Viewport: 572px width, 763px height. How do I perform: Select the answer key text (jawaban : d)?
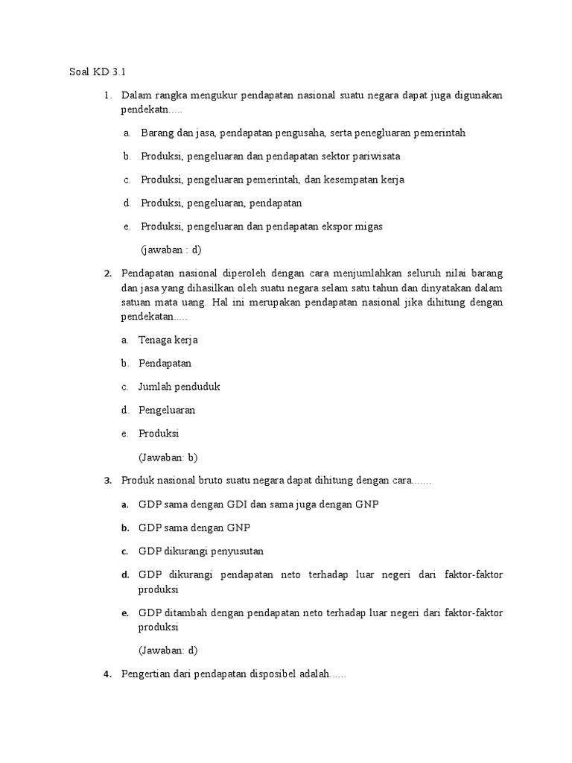[171, 249]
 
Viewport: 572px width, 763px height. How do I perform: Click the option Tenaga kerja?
[168, 340]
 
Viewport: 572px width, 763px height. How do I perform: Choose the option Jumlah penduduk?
[179, 387]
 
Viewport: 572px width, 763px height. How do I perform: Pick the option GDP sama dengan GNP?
[194, 528]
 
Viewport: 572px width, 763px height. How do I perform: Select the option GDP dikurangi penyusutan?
[201, 551]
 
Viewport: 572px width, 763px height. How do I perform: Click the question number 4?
[107, 674]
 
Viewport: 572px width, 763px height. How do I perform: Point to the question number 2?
[107, 273]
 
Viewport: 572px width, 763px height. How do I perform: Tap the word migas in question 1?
[368, 226]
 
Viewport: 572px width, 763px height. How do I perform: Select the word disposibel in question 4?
[268, 674]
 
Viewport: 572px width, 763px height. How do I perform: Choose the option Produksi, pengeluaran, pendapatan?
[221, 203]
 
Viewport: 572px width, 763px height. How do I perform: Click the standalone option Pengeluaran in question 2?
[167, 410]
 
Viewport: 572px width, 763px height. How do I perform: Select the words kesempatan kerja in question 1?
[357, 180]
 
